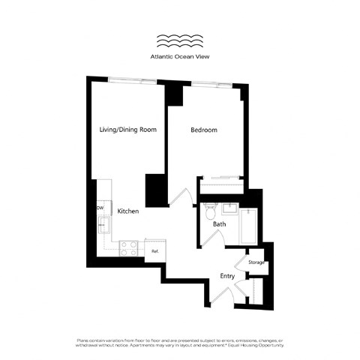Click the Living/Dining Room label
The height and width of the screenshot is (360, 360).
coord(128,130)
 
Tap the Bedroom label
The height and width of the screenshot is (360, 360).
coord(203,130)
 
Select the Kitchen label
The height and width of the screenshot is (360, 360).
coord(128,212)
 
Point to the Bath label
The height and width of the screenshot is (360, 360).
coord(219,223)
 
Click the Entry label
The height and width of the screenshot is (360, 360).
coord(227,276)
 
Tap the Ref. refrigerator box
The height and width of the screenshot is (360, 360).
coord(155,251)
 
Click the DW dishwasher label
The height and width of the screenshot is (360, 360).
coord(100,208)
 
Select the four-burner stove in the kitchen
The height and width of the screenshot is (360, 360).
coord(129,247)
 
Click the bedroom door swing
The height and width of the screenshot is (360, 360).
coord(180,196)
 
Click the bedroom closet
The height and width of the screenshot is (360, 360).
coord(222,180)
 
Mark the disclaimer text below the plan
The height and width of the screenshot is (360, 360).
coord(180,343)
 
